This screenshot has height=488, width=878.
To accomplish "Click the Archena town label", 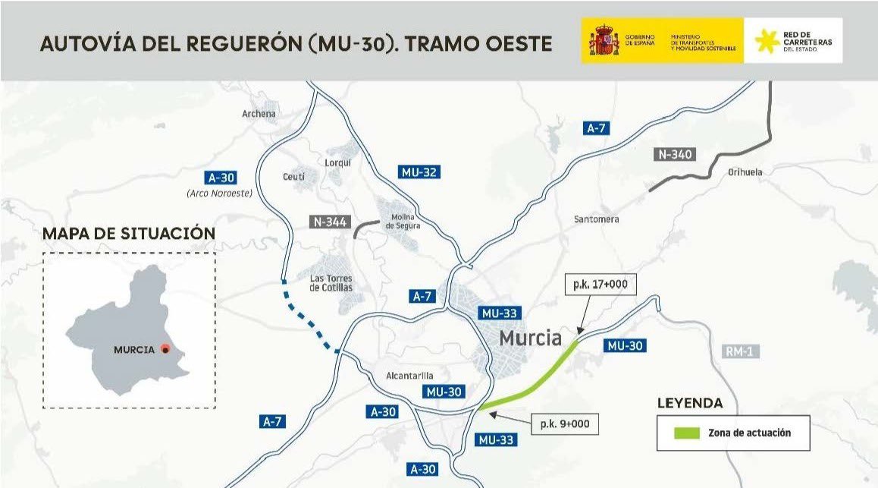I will [259, 114].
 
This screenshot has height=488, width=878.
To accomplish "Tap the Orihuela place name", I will [745, 172].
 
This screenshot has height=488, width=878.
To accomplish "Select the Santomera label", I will [596, 219].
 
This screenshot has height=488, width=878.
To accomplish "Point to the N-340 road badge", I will [675, 155].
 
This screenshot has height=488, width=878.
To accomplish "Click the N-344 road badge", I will [330, 222].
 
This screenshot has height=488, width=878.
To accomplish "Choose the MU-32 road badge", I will [419, 172].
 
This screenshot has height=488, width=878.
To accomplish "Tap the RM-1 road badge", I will [738, 351].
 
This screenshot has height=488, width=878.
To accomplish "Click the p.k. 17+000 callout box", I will [600, 286].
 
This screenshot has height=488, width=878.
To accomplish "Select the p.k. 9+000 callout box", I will [566, 423].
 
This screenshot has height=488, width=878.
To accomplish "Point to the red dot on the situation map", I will [166, 350].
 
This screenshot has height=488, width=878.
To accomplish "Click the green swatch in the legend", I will [686, 433].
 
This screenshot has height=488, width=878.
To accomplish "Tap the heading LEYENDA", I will [689, 404].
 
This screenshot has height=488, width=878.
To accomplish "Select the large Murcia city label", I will [530, 339].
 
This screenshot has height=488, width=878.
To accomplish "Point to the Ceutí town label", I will [293, 177].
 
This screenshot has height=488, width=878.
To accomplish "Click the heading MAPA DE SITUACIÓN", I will [129, 234].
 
